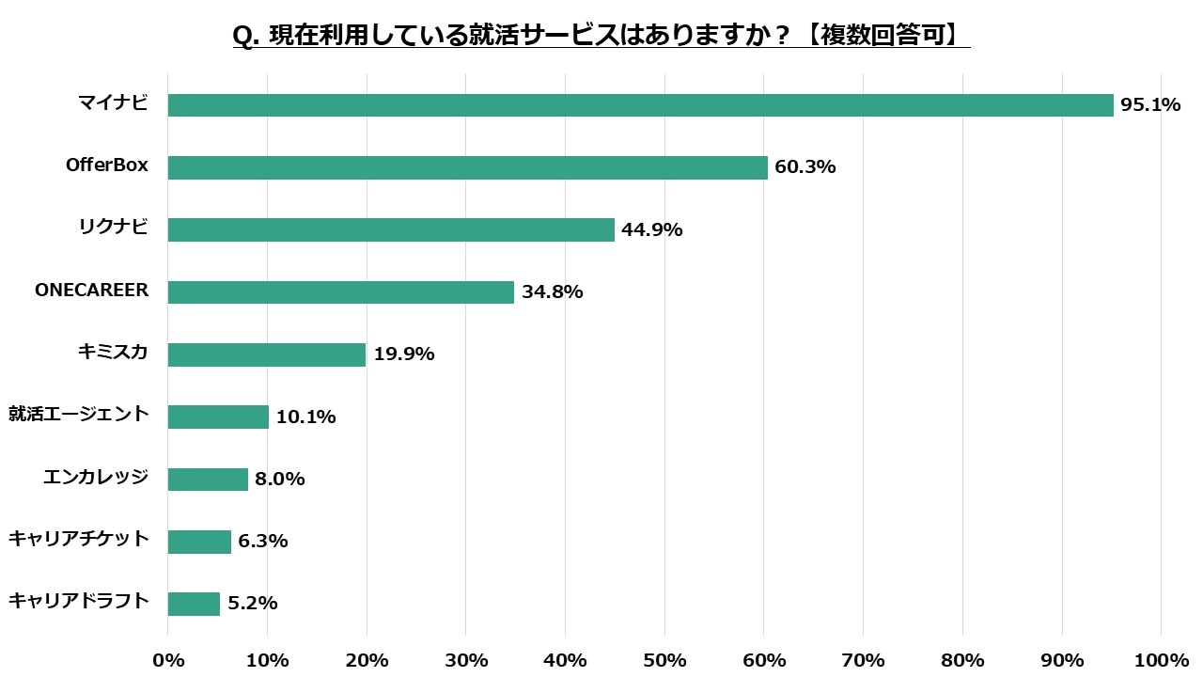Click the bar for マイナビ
click(640, 105)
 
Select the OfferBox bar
click(467, 167)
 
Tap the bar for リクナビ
click(391, 229)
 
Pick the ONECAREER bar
click(341, 291)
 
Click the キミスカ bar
click(267, 354)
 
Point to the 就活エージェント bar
click(218, 417)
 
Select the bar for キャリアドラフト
click(194, 604)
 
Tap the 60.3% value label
click(805, 167)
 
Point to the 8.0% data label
click(280, 479)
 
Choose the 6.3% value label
click(263, 541)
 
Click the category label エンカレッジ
click(96, 477)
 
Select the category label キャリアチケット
click(79, 539)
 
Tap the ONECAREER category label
click(91, 290)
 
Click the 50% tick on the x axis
click(664, 660)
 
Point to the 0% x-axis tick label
click(168, 660)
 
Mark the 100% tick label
click(1161, 660)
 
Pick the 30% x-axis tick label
click(466, 660)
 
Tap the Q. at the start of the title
click(246, 36)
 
